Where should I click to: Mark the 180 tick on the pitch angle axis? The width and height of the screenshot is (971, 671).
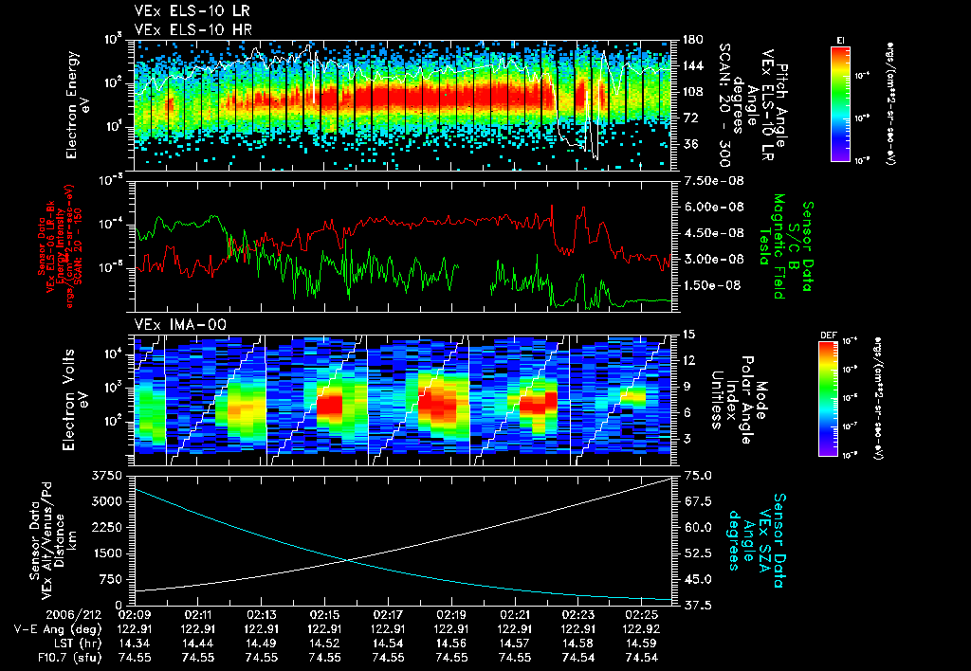(x=692, y=40)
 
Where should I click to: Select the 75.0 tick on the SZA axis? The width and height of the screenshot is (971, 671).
(x=697, y=474)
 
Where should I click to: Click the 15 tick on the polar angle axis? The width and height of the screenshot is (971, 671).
(x=688, y=334)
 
